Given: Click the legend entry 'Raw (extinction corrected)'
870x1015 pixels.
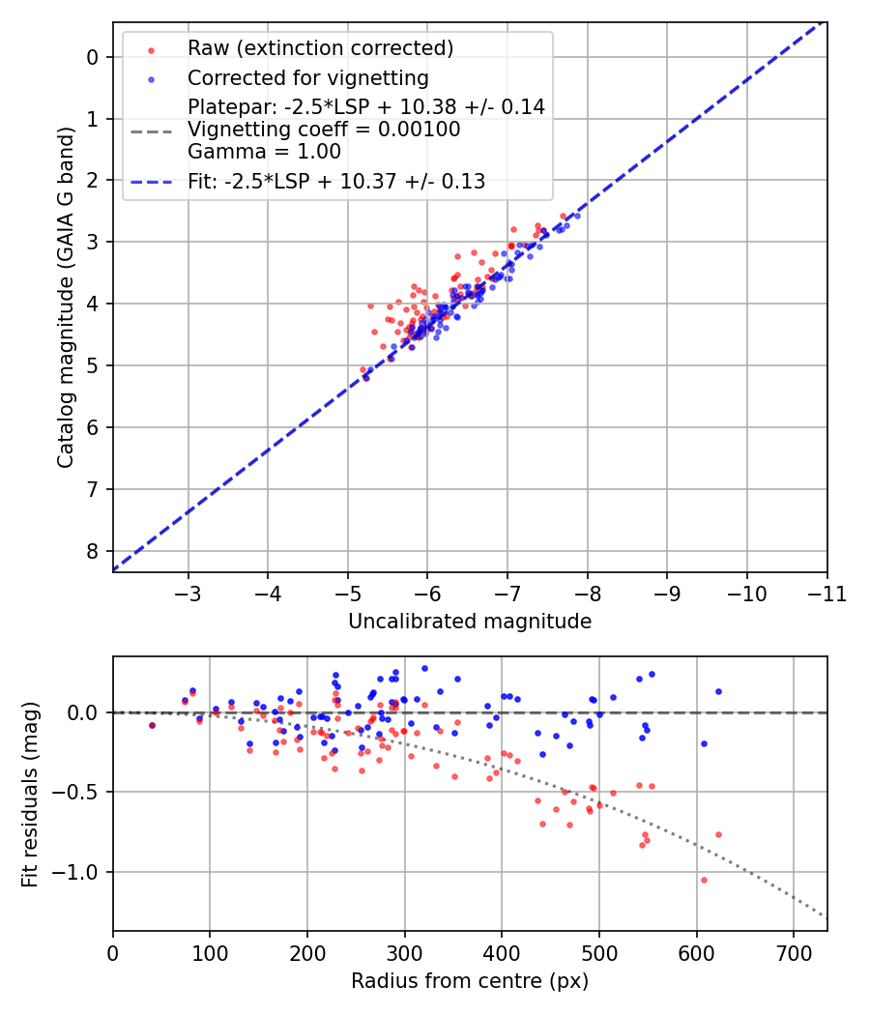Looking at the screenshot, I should point(320,48).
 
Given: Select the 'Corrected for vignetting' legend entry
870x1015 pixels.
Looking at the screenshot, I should point(307,77).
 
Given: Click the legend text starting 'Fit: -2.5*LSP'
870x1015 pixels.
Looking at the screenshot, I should point(336,181).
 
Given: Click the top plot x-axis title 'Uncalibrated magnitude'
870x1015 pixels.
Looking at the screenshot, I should point(469,622).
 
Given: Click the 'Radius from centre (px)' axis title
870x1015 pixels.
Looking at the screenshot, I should point(469,981).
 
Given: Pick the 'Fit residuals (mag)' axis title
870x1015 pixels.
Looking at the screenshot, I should point(30,795).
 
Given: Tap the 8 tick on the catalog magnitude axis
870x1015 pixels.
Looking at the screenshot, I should point(93,551).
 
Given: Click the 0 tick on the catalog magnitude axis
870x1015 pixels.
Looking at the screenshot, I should point(93,57).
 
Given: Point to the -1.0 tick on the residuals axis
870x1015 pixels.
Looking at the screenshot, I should point(77,872).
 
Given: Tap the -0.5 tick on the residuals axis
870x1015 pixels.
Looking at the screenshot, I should point(77,792).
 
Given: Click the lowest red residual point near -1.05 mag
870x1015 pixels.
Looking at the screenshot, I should point(704,880).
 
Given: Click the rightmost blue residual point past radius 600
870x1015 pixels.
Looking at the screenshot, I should point(718,691).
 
